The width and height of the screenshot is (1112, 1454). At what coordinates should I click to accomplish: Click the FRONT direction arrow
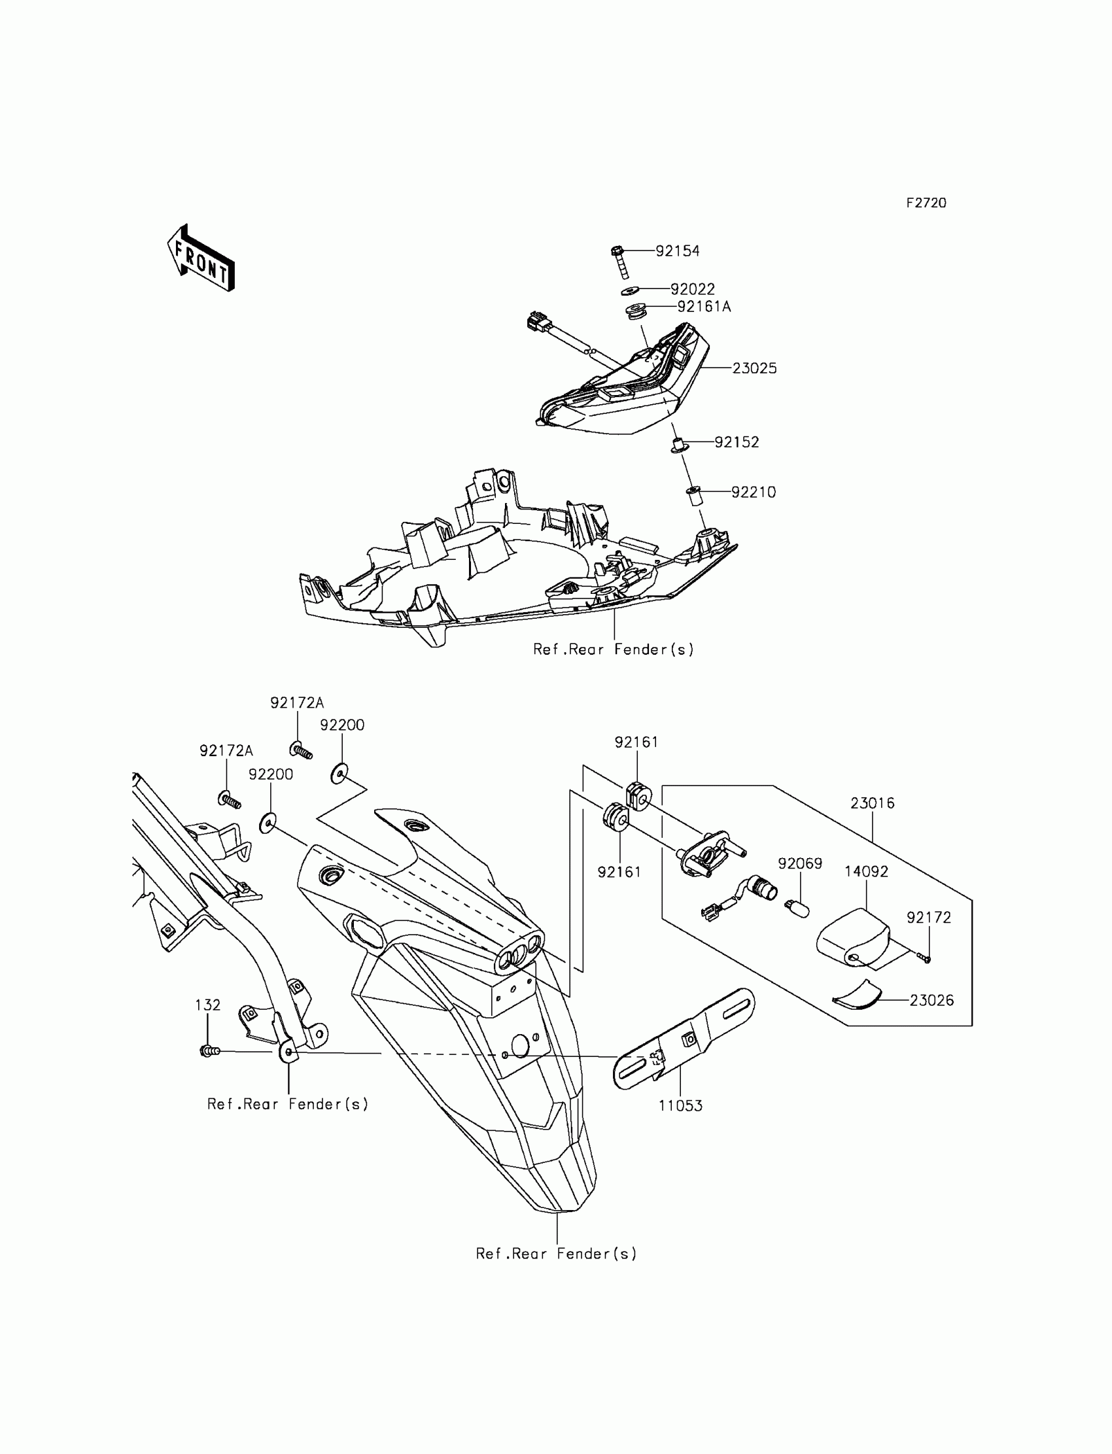coord(201,259)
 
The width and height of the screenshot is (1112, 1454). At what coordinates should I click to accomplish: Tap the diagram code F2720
coord(926,203)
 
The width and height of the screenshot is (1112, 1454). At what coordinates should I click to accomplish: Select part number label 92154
coord(677,251)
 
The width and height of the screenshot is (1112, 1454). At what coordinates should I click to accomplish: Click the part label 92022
coord(692,289)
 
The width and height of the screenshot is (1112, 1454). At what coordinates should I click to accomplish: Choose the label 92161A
coord(704,306)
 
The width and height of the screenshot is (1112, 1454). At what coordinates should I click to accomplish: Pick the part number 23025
coord(754,368)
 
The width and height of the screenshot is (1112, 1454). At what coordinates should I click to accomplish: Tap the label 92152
coord(736,442)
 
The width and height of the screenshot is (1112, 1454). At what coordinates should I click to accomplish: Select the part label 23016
coord(872,803)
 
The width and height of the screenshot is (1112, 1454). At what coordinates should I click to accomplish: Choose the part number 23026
coord(931,1001)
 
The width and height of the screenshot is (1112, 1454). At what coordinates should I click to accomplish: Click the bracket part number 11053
coord(680,1106)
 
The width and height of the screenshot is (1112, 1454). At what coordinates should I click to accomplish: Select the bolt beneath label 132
coord(209,1050)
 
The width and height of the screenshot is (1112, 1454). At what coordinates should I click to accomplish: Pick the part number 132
coord(207,1005)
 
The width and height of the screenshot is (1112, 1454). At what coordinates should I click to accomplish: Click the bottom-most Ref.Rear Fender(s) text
coord(556,1254)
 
